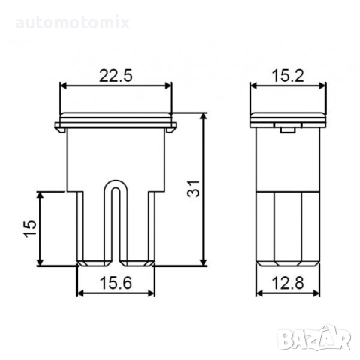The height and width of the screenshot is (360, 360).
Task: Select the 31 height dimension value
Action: [193, 189]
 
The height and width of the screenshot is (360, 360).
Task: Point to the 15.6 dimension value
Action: [115, 283]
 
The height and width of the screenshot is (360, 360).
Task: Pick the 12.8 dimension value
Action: [288, 283]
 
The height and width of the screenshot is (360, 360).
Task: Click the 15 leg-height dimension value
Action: [30, 228]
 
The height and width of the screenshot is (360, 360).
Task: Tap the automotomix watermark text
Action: [73, 22]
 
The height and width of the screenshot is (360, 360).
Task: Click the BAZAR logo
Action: [315, 338]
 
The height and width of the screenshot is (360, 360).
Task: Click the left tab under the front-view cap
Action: [61, 130]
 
